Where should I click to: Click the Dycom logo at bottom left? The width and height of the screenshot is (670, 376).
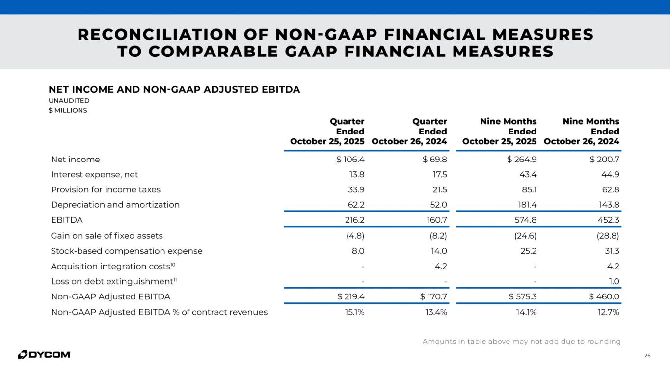pos(44,354)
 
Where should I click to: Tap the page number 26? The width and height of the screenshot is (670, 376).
pos(648,355)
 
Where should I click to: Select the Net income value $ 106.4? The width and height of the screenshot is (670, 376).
pos(350,159)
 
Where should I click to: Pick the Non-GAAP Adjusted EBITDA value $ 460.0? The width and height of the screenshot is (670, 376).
pos(604,296)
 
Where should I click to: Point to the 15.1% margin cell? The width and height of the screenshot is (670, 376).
pos(354,312)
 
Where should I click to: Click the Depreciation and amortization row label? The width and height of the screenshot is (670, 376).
pos(115,205)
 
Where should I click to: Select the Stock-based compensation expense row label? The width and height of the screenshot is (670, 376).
pos(127,251)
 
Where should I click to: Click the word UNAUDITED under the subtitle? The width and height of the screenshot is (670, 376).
pos(69,101)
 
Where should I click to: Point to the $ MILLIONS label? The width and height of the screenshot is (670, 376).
pos(68,110)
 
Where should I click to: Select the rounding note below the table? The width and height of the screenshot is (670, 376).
pos(521,341)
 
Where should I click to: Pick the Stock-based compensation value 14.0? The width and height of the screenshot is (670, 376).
pos(439,251)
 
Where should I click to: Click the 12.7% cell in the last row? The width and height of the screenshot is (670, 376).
pos(609,312)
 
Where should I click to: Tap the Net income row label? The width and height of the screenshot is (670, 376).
pos(75,159)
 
